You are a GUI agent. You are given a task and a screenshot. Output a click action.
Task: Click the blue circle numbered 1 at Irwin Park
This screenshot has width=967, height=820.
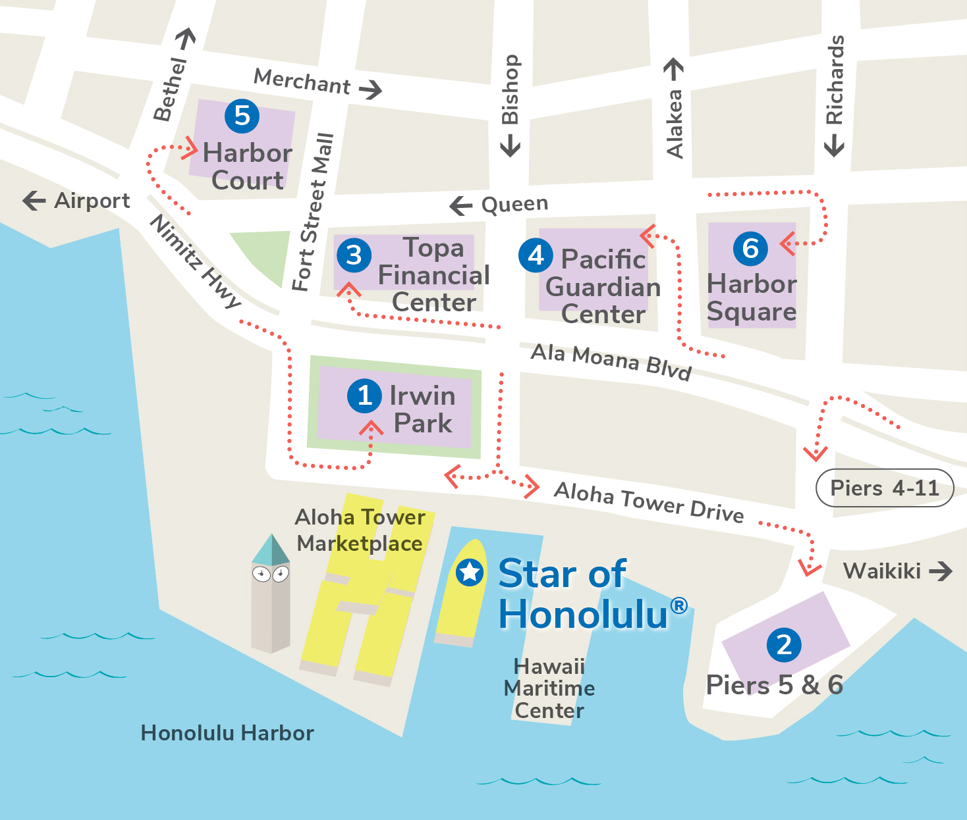[364, 396]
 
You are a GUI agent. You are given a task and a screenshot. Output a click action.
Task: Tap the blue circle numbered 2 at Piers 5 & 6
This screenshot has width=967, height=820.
[784, 645]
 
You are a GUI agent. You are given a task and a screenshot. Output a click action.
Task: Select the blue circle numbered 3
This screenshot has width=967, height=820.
[354, 255]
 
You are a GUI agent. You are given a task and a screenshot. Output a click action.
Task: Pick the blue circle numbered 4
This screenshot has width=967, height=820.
[536, 255]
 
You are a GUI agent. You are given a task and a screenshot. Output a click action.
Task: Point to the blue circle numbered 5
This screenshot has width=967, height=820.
[242, 116]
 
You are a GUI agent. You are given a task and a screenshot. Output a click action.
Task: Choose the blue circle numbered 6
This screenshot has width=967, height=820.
[750, 249]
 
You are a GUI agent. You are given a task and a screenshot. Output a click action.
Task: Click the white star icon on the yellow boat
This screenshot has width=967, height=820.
[470, 572]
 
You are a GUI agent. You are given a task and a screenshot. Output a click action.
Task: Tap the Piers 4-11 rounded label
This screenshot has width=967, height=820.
[884, 488]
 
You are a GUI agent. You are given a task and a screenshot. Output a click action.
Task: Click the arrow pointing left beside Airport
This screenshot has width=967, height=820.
[34, 201]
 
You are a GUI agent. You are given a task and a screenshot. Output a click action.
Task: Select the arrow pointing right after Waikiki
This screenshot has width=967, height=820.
[941, 571]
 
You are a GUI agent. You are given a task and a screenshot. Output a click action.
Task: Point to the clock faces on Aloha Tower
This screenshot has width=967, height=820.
[271, 575]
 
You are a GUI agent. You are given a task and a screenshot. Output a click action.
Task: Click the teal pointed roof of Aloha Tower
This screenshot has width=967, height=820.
[271, 550]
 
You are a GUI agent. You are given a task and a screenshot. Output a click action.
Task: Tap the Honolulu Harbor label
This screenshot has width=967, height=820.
[227, 733]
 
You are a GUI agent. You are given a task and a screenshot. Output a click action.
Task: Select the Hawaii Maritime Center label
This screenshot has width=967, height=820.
[549, 688]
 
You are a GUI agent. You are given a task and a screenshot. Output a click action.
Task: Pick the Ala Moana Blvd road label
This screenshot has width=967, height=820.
[611, 361]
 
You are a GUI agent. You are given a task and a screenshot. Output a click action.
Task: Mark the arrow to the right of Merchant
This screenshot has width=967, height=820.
[371, 89]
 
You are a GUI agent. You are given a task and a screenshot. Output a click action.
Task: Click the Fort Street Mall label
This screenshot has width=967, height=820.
[314, 212]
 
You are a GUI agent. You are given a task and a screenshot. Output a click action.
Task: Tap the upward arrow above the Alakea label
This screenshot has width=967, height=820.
[673, 68]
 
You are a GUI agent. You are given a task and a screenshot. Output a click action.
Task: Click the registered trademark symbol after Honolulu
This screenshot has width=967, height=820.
[678, 605]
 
